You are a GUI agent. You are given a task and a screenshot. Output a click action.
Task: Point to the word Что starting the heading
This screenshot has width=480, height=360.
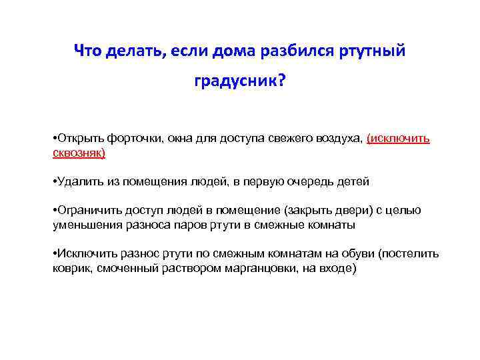[x=87, y=50]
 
